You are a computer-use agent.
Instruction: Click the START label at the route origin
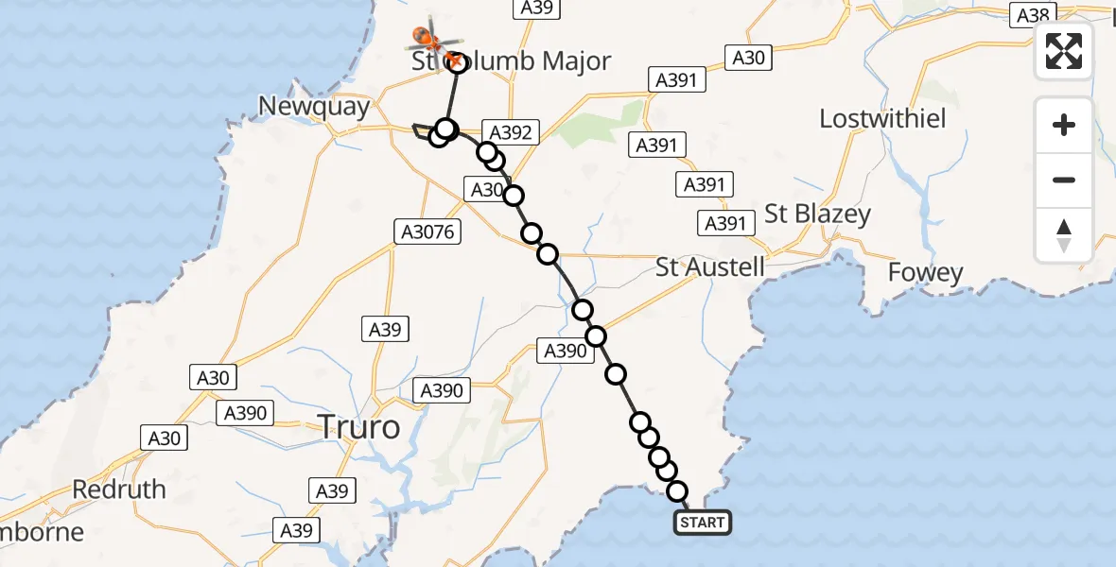pyautogui.click(x=702, y=523)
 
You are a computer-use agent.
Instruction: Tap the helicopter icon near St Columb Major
pyautogui.click(x=431, y=38)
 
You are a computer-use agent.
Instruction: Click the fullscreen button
pyautogui.click(x=1064, y=51)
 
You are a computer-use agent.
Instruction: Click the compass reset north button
pyautogui.click(x=1064, y=235)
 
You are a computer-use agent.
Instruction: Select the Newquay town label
pyautogui.click(x=315, y=107)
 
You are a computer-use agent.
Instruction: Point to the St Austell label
pyautogui.click(x=710, y=266)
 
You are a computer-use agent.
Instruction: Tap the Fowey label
pyautogui.click(x=926, y=273)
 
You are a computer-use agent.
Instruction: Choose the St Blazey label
pyautogui.click(x=817, y=215)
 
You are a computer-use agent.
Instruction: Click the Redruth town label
pyautogui.click(x=119, y=490)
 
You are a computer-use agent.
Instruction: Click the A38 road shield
pyautogui.click(x=1033, y=15)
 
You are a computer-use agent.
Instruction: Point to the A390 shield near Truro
pyautogui.click(x=441, y=390)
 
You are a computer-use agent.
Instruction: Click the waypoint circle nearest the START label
pyautogui.click(x=677, y=490)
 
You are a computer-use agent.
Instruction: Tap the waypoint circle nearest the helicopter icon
pyautogui.click(x=458, y=63)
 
